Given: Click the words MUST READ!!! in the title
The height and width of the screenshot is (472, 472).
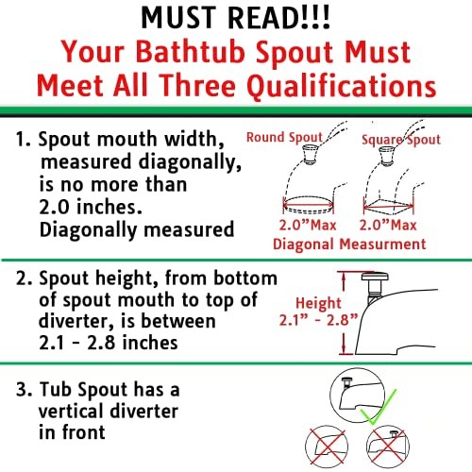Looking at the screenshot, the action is (236, 18).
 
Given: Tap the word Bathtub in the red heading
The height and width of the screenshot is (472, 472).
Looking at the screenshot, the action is (191, 52).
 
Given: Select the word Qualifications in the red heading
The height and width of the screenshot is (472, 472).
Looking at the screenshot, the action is (342, 86).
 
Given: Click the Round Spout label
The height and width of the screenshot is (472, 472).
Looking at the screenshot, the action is (284, 137).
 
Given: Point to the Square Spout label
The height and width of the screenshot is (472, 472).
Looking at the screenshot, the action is (401, 140).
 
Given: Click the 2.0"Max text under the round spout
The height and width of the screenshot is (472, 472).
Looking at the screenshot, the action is (308, 225).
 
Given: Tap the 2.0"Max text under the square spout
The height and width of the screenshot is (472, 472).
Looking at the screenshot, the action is (388, 225).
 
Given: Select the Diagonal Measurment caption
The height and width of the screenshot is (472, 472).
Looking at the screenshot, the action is (349, 244).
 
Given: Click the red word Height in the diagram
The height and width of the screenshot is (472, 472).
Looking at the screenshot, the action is (318, 303).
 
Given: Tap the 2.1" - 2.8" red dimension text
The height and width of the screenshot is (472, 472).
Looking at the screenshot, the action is (318, 320).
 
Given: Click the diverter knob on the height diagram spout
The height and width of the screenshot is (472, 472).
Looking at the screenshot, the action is (375, 278).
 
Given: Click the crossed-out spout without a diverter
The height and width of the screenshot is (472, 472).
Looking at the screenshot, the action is (327, 447).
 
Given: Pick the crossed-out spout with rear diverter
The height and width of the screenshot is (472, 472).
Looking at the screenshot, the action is (388, 447).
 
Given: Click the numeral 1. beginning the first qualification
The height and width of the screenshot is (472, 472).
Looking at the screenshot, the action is (23, 139).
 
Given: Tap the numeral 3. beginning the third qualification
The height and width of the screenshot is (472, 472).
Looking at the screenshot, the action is (25, 390).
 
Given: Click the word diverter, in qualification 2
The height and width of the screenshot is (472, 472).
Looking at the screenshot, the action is (76, 321).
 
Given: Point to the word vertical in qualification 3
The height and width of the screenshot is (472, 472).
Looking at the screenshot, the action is (71, 411).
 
